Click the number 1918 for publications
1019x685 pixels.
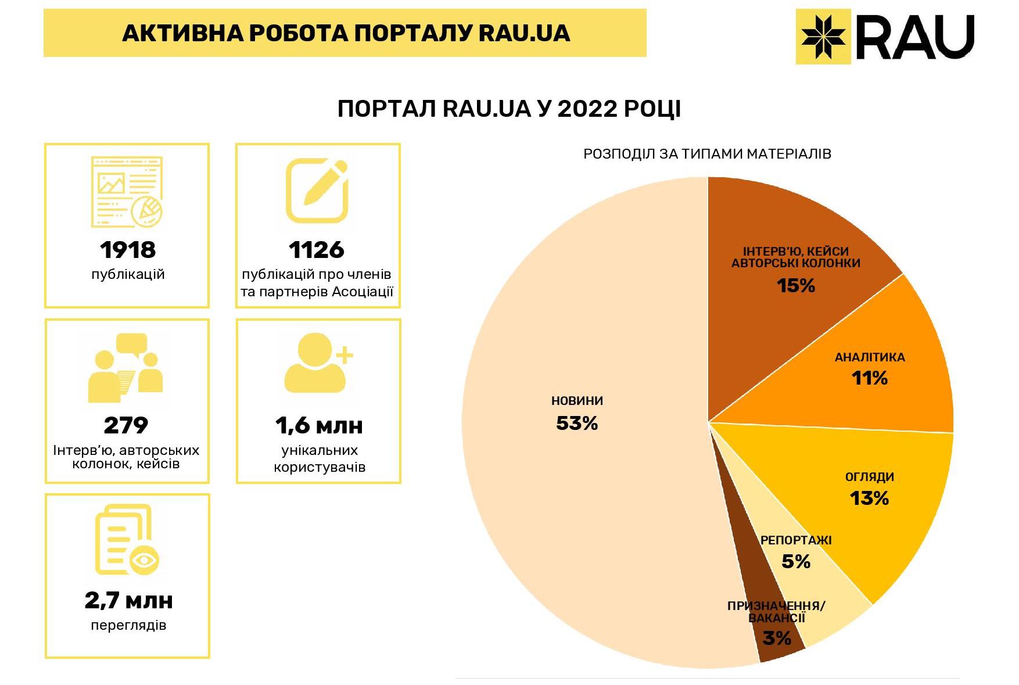point(128,250)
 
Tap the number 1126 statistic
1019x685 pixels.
point(317,250)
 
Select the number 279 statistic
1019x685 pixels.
point(126,425)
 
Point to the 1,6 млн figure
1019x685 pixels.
point(319,425)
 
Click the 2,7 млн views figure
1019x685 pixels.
point(128,600)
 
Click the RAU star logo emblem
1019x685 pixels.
point(823,37)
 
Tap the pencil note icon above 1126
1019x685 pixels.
point(317,191)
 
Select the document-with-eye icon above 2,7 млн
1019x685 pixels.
point(127,540)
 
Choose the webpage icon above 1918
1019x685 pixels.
point(127,192)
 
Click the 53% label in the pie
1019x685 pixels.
point(577,424)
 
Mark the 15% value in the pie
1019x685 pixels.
point(796,285)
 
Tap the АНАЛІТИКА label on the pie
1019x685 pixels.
point(870,357)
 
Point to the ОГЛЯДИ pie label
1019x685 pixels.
point(870,477)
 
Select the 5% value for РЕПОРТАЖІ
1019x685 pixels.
point(796,561)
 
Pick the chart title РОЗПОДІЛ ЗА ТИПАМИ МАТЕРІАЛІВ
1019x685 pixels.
point(707,154)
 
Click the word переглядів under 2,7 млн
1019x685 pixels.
point(128,626)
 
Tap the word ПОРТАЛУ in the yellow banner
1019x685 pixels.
point(412,33)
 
